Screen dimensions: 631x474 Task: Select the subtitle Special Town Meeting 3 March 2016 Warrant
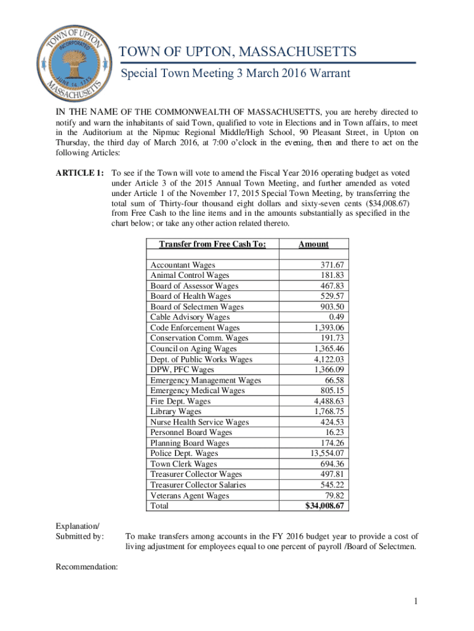pyautogui.click(x=235, y=74)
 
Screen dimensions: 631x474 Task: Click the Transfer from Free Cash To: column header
pyautogui.click(x=212, y=245)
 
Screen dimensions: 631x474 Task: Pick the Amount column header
pyautogui.click(x=313, y=245)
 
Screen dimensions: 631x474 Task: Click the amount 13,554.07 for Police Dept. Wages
pyautogui.click(x=326, y=454)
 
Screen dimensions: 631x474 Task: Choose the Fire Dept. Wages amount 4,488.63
pyautogui.click(x=328, y=401)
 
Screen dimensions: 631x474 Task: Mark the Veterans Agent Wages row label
pyautogui.click(x=190, y=495)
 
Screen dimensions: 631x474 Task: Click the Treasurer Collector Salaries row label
pyautogui.click(x=198, y=485)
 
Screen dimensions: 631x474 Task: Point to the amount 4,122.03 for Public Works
pyautogui.click(x=328, y=359)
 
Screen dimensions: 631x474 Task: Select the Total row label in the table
pyautogui.click(x=159, y=506)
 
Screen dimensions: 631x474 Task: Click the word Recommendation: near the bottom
pyautogui.click(x=86, y=567)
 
